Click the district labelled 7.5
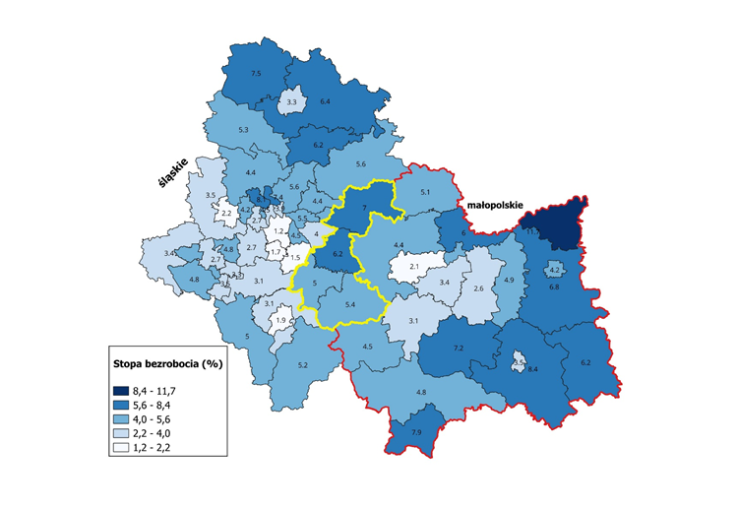click(256, 74)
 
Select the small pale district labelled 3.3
click(292, 101)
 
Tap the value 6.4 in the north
click(325, 101)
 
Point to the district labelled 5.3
click(242, 130)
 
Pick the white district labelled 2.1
click(414, 267)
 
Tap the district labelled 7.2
click(458, 350)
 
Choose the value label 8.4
click(532, 368)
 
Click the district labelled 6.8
click(553, 286)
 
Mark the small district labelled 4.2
click(554, 269)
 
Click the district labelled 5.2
click(303, 365)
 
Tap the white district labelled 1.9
click(280, 321)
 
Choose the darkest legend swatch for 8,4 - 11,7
click(124, 390)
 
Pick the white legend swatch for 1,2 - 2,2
click(124, 449)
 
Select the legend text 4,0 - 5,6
click(155, 419)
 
